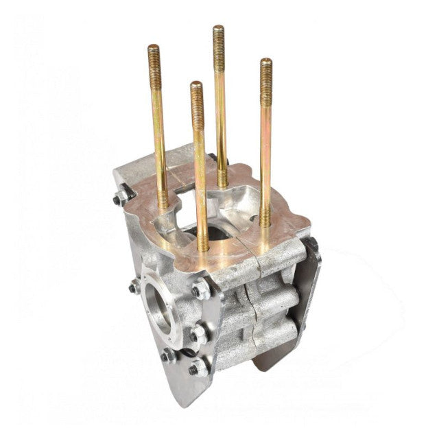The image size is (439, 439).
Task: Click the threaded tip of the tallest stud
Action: (x=218, y=29)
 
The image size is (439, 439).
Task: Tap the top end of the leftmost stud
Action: (x=153, y=49)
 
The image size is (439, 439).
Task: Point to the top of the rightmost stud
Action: (x=265, y=63)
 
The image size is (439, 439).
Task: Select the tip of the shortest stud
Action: (x=196, y=86)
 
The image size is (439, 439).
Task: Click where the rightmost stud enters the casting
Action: (x=265, y=221)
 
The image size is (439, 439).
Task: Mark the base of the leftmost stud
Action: (x=163, y=204)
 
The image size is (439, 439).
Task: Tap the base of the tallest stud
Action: (x=223, y=182)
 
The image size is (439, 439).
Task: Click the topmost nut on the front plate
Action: (x=200, y=289)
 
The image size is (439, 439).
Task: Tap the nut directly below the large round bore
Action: (x=168, y=355)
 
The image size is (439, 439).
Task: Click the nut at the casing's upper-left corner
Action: (x=121, y=198)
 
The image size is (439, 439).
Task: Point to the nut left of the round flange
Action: (x=134, y=286)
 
